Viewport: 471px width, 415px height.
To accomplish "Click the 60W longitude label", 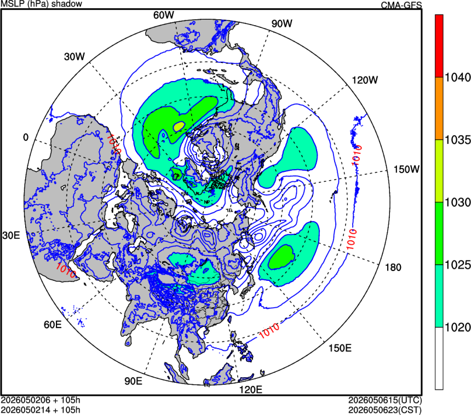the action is point(163,15).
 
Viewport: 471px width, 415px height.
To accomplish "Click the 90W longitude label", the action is point(282,24).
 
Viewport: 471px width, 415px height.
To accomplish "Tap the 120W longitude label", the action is point(365,80).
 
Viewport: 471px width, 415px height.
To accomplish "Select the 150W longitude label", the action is point(406,169).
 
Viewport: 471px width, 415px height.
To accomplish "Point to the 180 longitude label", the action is point(393,267).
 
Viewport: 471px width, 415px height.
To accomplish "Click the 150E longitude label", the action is point(340,348).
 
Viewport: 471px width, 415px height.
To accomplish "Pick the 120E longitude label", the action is point(250,390).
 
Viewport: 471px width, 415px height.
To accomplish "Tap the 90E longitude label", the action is point(134,381).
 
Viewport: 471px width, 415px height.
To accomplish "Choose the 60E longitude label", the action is point(53,325).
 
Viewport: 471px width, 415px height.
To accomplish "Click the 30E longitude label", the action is point(11,235).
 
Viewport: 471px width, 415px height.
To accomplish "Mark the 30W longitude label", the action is point(74,56).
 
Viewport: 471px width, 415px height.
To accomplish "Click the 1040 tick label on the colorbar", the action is point(457,78).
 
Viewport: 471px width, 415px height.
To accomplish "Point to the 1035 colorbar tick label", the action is point(457,140).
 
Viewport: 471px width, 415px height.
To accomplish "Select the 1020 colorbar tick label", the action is point(457,327).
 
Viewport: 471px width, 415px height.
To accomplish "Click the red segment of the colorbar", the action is point(439,46).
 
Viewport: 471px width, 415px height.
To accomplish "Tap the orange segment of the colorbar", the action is point(439,108).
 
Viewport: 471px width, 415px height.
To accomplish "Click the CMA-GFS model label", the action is point(401,5).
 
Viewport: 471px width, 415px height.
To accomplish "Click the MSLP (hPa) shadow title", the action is point(42,4).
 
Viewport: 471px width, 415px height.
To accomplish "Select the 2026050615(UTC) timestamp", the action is point(385,400).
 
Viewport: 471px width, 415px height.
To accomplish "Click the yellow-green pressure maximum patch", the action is point(179,126).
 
